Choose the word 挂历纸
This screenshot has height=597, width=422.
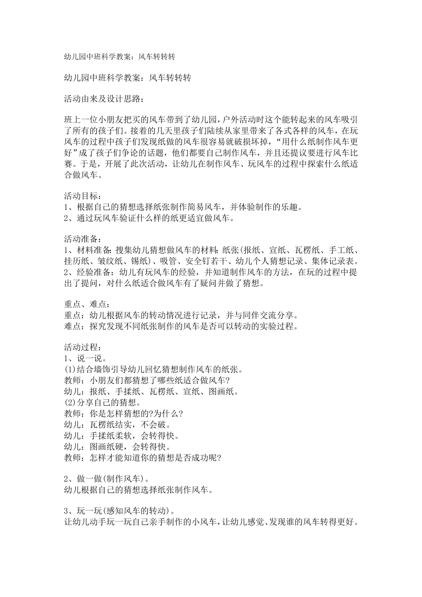76,261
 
